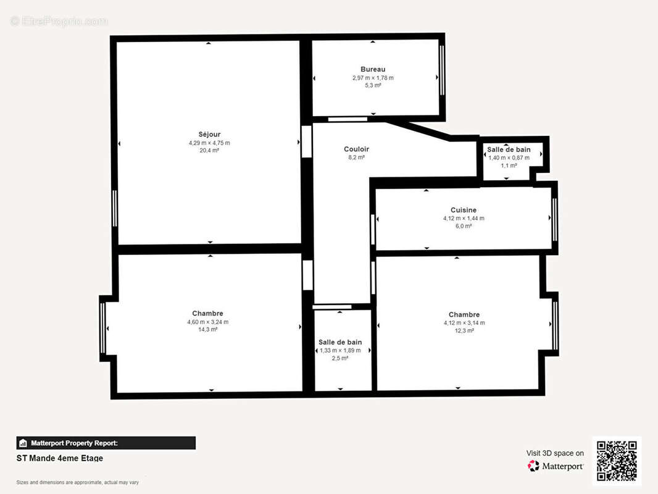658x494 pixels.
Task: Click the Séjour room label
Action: click(x=209, y=134)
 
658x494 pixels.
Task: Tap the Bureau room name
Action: click(x=373, y=69)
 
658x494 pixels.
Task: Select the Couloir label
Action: click(x=356, y=149)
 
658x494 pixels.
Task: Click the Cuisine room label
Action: click(x=464, y=210)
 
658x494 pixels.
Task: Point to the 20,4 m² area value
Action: click(x=209, y=150)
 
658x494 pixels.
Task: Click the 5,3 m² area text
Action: click(x=373, y=85)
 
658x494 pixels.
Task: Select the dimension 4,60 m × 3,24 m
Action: click(x=207, y=322)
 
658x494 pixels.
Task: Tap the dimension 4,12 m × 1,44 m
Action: click(x=464, y=218)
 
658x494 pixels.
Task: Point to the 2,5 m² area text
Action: click(x=340, y=358)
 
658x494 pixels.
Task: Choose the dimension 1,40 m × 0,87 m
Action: click(x=509, y=157)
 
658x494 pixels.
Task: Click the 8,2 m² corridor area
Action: click(x=356, y=157)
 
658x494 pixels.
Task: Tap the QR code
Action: click(x=617, y=461)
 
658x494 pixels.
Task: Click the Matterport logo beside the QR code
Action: click(x=556, y=466)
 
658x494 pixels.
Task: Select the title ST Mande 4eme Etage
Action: click(x=60, y=458)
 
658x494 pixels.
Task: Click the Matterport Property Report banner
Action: click(x=106, y=443)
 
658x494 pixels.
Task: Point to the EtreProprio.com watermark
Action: click(x=59, y=21)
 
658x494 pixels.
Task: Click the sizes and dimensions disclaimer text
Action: click(x=77, y=482)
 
